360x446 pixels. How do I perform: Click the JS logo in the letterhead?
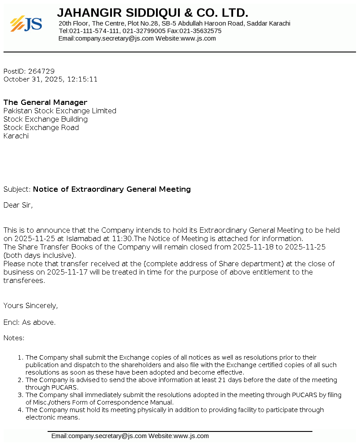26,24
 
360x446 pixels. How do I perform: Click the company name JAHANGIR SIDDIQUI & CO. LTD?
152,13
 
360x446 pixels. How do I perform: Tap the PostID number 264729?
41,71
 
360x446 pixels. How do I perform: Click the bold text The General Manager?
45,103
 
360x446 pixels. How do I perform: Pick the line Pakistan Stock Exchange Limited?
60,111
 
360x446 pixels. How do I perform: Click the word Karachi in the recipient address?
16,136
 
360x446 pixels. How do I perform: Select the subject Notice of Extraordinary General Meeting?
112,190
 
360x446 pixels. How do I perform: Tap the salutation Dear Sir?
18,205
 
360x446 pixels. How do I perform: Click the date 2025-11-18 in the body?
253,247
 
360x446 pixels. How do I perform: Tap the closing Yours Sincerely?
30,305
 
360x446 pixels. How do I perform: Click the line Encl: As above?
30,323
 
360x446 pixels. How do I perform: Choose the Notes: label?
14,338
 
